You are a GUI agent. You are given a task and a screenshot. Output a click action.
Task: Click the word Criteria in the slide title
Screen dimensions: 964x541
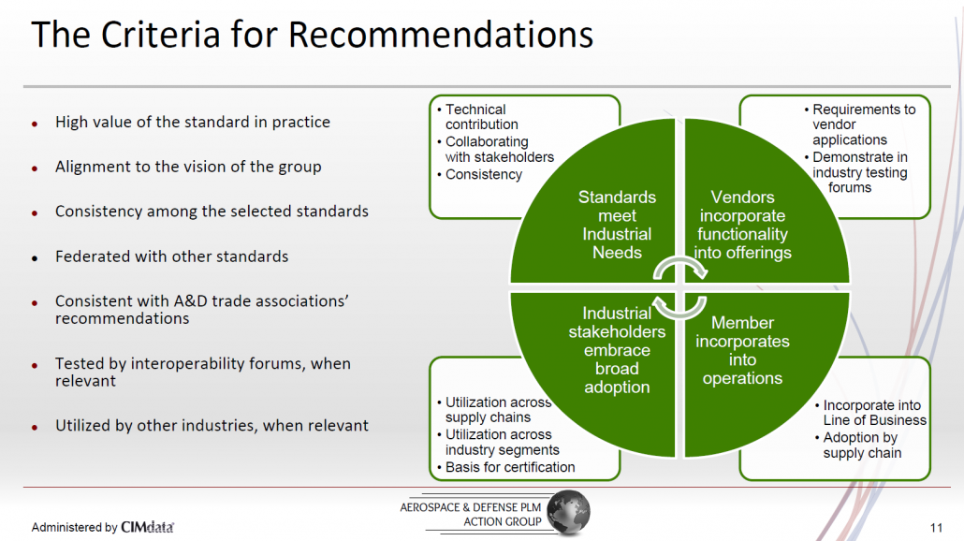tap(160, 35)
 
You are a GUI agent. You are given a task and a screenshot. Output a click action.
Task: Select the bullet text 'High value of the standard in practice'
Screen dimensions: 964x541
tap(193, 123)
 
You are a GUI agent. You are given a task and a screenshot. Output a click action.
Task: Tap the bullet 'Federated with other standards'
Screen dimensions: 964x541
tap(171, 256)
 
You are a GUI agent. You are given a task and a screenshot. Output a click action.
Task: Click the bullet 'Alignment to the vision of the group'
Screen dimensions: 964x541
tap(188, 168)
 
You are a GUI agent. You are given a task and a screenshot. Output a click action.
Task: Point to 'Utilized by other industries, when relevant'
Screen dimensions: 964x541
tap(212, 426)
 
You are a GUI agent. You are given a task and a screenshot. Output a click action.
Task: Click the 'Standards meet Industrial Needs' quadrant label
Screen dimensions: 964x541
tap(617, 225)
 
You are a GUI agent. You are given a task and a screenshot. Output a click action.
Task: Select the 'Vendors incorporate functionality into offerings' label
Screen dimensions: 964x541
tap(743, 225)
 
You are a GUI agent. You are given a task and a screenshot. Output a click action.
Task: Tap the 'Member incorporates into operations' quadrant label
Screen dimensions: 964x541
tap(743, 350)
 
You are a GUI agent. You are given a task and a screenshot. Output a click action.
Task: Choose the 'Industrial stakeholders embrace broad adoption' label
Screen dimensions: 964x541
tap(617, 350)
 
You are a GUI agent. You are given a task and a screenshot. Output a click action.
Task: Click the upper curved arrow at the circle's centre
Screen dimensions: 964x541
tap(680, 261)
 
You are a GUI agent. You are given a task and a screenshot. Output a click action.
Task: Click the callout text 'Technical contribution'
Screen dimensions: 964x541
tap(477, 117)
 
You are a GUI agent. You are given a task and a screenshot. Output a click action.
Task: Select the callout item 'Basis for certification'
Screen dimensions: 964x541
tap(506, 467)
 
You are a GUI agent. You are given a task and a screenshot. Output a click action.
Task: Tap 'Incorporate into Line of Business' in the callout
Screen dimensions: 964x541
tap(870, 413)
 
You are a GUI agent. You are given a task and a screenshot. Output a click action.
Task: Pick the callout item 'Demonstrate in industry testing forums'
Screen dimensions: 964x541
tap(856, 172)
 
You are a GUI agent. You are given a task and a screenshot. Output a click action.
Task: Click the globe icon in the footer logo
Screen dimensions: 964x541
tap(569, 512)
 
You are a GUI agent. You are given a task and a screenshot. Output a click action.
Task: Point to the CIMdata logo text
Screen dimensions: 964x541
tap(148, 527)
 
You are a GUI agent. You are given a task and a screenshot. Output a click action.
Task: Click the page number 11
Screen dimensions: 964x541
tap(936, 528)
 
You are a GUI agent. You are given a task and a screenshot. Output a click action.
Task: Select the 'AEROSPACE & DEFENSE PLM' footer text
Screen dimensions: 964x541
tap(471, 507)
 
